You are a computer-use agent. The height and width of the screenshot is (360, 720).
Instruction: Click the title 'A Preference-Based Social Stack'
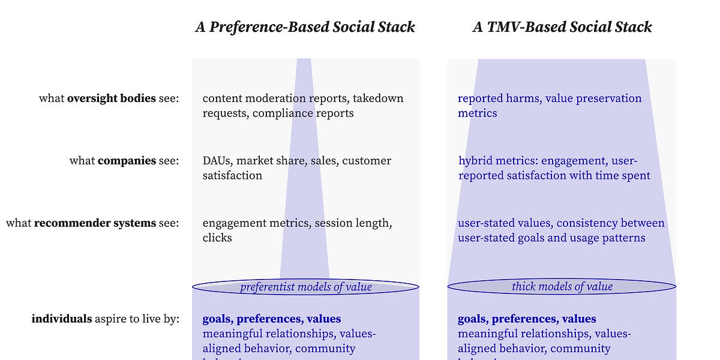(x=305, y=27)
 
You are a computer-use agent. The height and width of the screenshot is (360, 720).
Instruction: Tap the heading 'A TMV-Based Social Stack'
(x=562, y=27)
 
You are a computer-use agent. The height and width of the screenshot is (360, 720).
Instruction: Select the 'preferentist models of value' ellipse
(x=305, y=287)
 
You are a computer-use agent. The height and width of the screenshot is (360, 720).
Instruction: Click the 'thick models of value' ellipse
(x=562, y=287)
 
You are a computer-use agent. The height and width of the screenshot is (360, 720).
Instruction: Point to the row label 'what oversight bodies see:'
(x=109, y=98)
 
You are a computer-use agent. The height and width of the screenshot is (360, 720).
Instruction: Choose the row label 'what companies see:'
(x=124, y=161)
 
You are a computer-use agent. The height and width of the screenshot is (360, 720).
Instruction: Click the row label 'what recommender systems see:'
(x=92, y=223)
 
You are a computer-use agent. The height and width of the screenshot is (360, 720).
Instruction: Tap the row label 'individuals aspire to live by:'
(x=105, y=319)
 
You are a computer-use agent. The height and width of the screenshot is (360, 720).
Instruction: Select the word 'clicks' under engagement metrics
(x=217, y=238)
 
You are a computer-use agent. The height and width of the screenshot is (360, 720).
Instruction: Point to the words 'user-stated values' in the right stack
(x=504, y=223)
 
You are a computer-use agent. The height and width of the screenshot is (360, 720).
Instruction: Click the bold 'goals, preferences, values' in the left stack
(x=271, y=319)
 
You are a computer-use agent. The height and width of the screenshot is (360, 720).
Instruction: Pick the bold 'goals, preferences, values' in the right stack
(x=527, y=319)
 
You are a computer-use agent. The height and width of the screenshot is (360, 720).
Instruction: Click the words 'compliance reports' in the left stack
(x=303, y=113)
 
